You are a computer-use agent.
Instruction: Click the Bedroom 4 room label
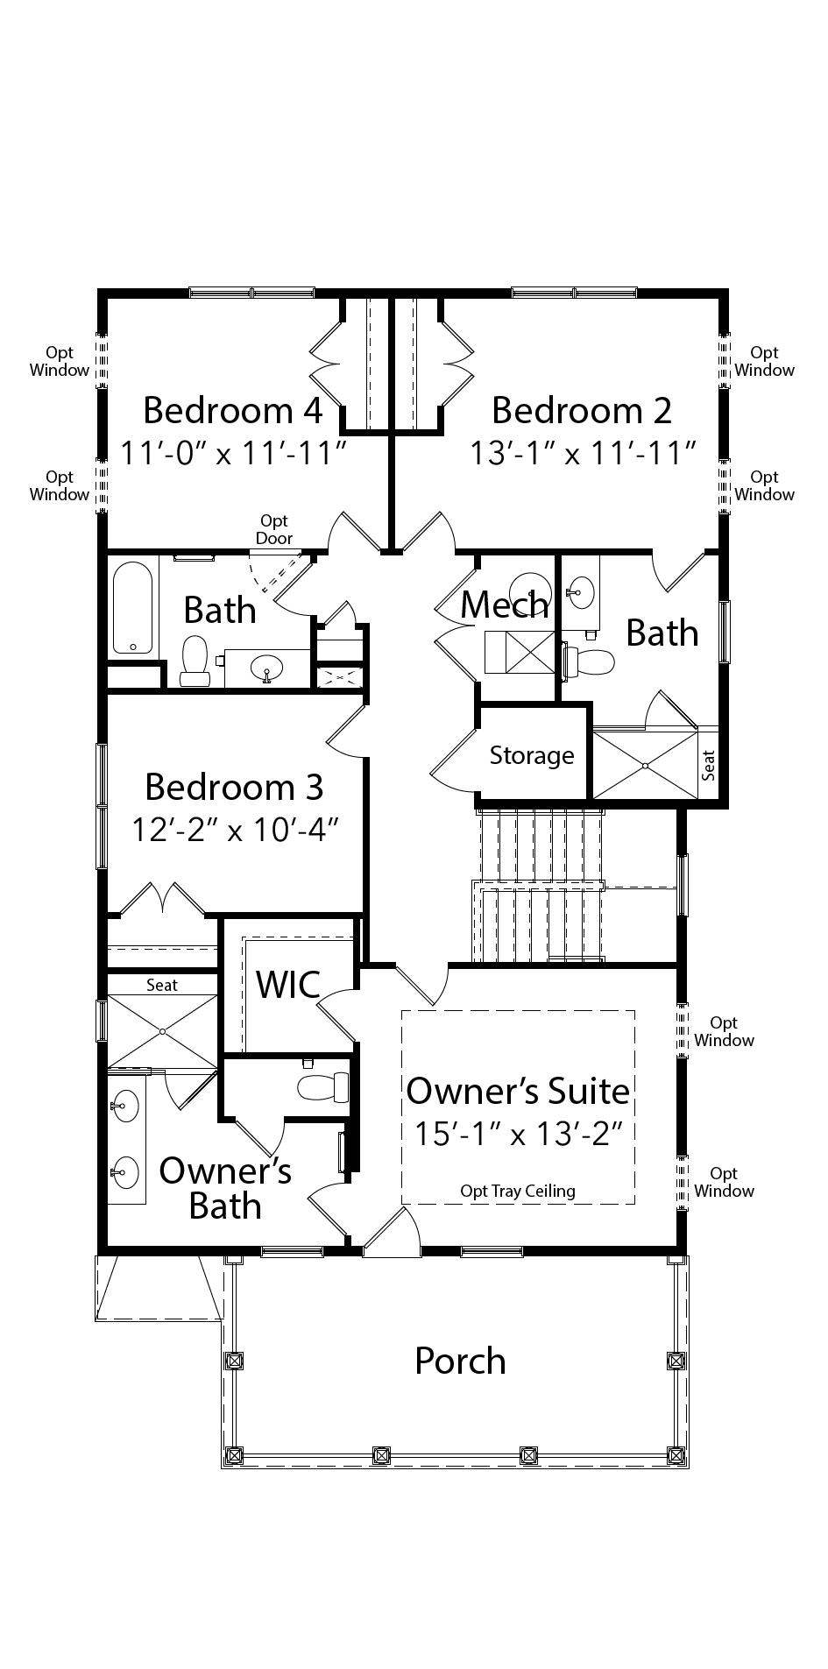coord(233,410)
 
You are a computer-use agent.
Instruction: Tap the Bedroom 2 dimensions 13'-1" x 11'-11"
coord(583,454)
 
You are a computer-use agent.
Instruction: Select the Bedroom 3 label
coord(234,787)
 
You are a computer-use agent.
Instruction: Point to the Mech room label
coord(505,605)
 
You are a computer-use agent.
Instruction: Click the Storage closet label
coord(532,755)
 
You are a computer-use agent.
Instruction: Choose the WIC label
coord(287,984)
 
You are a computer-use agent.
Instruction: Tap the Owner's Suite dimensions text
coord(518,1135)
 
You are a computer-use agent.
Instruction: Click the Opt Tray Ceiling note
coord(518,1191)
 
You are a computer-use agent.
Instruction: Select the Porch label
coord(460,1361)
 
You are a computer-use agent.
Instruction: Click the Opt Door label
coord(274,530)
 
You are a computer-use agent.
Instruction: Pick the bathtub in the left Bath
coord(133,608)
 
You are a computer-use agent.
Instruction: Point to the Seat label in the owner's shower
coord(162,985)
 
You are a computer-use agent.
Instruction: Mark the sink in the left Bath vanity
coord(266,670)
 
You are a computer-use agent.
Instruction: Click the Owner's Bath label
coord(225,1188)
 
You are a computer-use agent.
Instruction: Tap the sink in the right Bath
coord(579,591)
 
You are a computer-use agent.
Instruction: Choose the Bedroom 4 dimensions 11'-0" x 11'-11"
coord(235,454)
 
